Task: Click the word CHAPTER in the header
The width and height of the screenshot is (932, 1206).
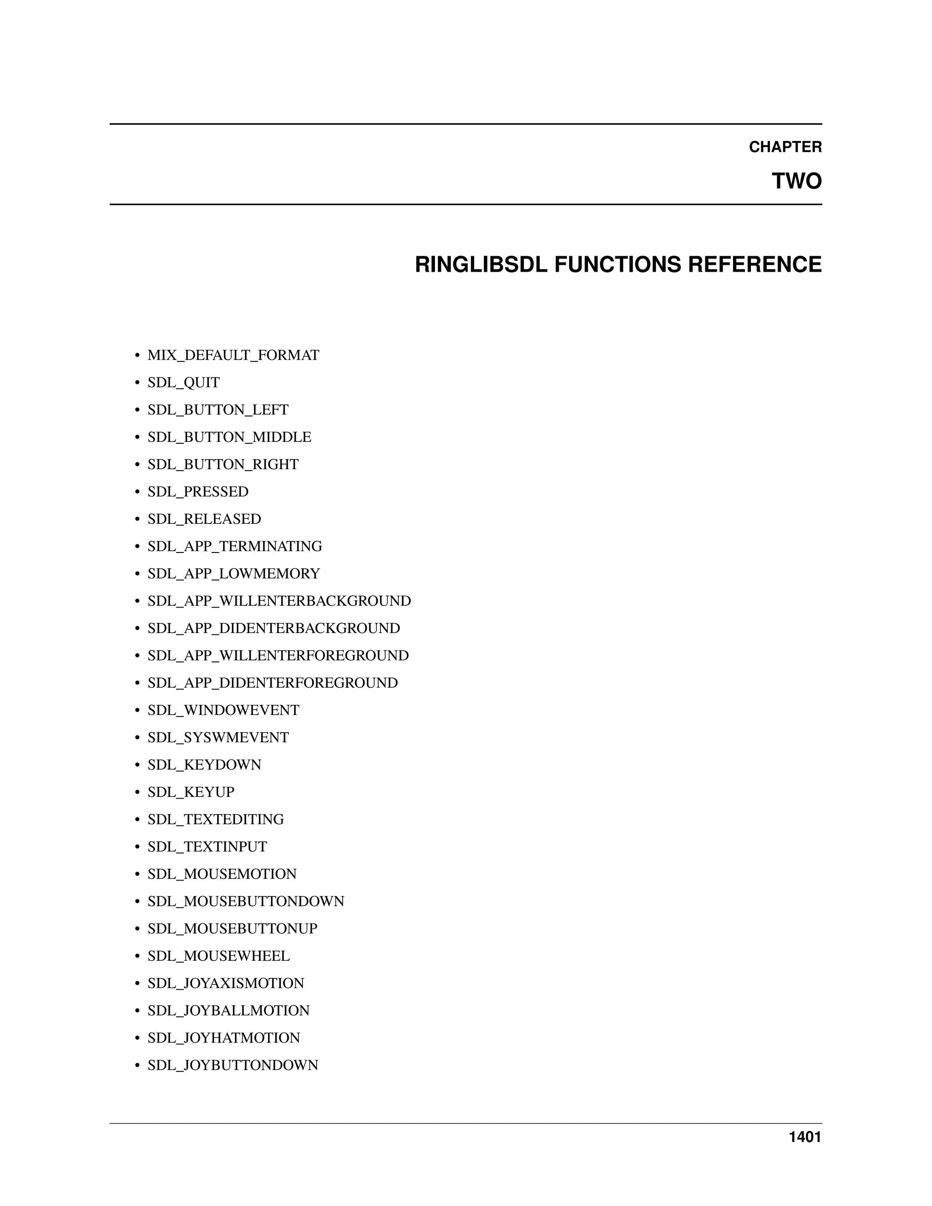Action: pyautogui.click(x=785, y=147)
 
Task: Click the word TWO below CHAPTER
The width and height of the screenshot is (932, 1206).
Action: pyautogui.click(x=796, y=181)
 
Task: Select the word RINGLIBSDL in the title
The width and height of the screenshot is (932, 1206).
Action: pyautogui.click(x=481, y=264)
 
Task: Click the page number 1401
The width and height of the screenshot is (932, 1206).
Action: pyautogui.click(x=805, y=1137)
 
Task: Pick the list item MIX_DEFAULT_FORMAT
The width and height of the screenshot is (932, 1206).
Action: pyautogui.click(x=233, y=355)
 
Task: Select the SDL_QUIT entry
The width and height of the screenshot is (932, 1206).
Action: pyautogui.click(x=183, y=382)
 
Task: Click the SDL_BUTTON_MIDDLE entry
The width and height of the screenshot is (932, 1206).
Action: pyautogui.click(x=229, y=437)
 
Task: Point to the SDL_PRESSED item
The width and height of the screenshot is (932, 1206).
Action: pyautogui.click(x=198, y=492)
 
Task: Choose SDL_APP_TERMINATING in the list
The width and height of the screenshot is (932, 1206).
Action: pyautogui.click(x=235, y=546)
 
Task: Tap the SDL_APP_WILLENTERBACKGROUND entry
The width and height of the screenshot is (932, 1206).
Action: pyautogui.click(x=279, y=601)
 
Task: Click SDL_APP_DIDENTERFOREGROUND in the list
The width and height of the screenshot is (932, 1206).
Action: pyautogui.click(x=272, y=683)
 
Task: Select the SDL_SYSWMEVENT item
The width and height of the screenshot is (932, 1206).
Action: pyautogui.click(x=218, y=737)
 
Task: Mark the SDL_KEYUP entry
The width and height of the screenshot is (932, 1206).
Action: pyautogui.click(x=191, y=792)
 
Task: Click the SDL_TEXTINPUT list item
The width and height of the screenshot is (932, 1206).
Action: pyautogui.click(x=207, y=846)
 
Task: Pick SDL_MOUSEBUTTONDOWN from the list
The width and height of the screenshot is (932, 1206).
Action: pyautogui.click(x=246, y=901)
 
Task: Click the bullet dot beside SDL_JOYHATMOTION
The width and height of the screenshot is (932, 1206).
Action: pyautogui.click(x=137, y=1038)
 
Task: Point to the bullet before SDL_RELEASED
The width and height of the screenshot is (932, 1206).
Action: pyautogui.click(x=137, y=519)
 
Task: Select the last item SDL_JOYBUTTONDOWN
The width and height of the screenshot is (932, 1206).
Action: pyautogui.click(x=233, y=1065)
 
